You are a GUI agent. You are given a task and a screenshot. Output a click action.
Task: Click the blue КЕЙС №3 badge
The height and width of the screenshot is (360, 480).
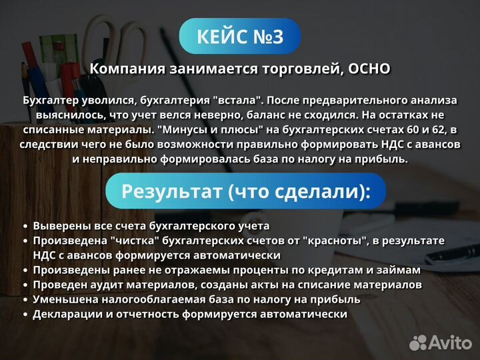coord(240,37)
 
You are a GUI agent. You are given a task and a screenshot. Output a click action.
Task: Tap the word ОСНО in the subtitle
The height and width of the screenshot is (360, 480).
coord(369,69)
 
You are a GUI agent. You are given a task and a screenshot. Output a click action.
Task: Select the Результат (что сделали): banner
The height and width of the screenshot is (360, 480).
coord(245,192)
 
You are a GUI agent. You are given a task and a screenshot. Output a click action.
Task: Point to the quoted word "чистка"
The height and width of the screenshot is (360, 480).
coord(134,241)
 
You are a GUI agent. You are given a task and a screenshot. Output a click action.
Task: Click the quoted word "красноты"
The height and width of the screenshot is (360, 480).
coord(333,241)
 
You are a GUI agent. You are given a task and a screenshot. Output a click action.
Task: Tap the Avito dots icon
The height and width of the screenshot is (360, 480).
coord(418,342)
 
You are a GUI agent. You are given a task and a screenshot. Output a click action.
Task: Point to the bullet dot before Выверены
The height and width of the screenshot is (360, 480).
coord(25,227)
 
